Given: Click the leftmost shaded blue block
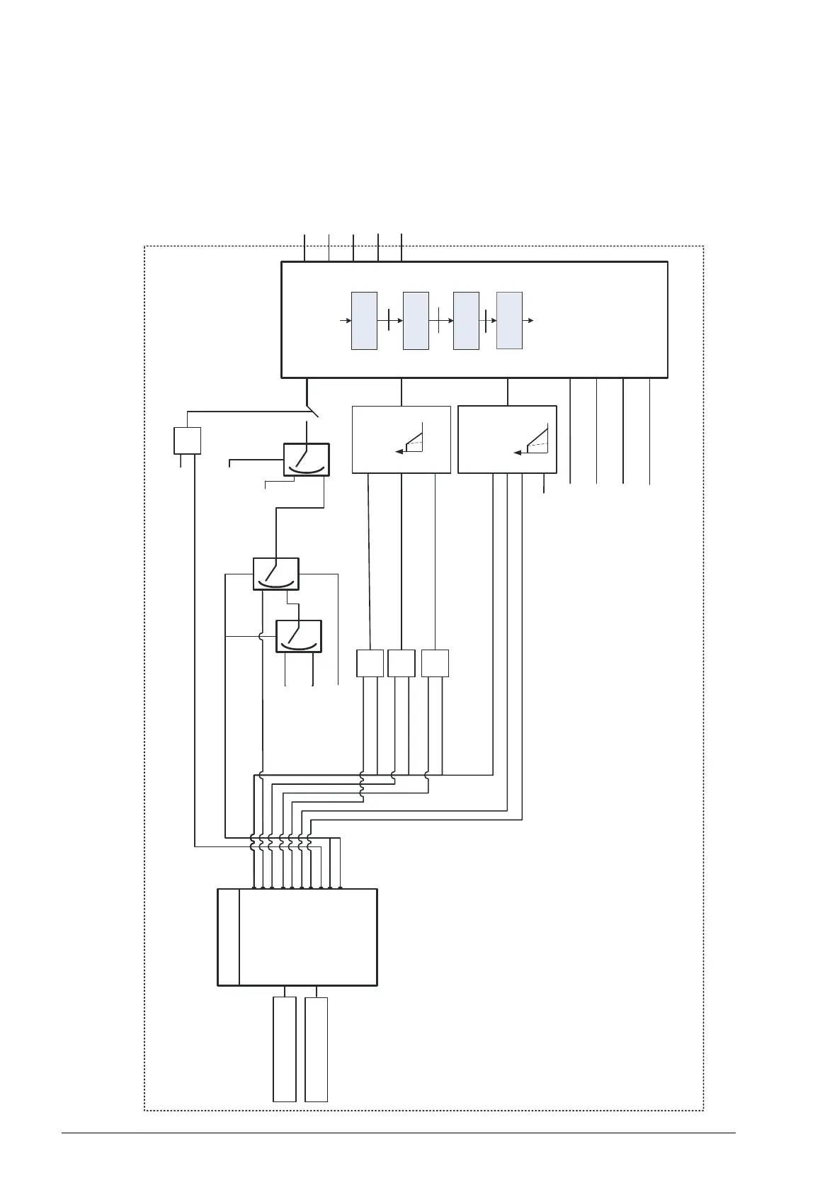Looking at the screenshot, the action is [x=364, y=320].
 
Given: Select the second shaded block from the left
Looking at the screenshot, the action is [x=416, y=320].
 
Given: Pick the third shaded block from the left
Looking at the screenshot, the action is [x=466, y=320].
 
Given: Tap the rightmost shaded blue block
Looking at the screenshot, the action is [x=509, y=320].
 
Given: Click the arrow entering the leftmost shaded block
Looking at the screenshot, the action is [x=346, y=321].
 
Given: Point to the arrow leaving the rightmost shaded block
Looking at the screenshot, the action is [x=528, y=321].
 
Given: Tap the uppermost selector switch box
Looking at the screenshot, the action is [x=306, y=460].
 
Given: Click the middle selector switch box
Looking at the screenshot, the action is [x=275, y=574].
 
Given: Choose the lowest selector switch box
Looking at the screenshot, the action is [x=298, y=635].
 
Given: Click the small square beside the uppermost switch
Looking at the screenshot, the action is [x=188, y=441].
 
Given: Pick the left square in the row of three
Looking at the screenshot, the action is [x=370, y=663].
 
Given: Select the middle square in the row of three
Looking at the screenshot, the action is [x=402, y=663].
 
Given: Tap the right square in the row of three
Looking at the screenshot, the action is [x=435, y=663].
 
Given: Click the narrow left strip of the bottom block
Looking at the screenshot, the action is [x=228, y=937].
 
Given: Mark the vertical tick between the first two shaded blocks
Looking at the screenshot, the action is [x=389, y=321].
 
